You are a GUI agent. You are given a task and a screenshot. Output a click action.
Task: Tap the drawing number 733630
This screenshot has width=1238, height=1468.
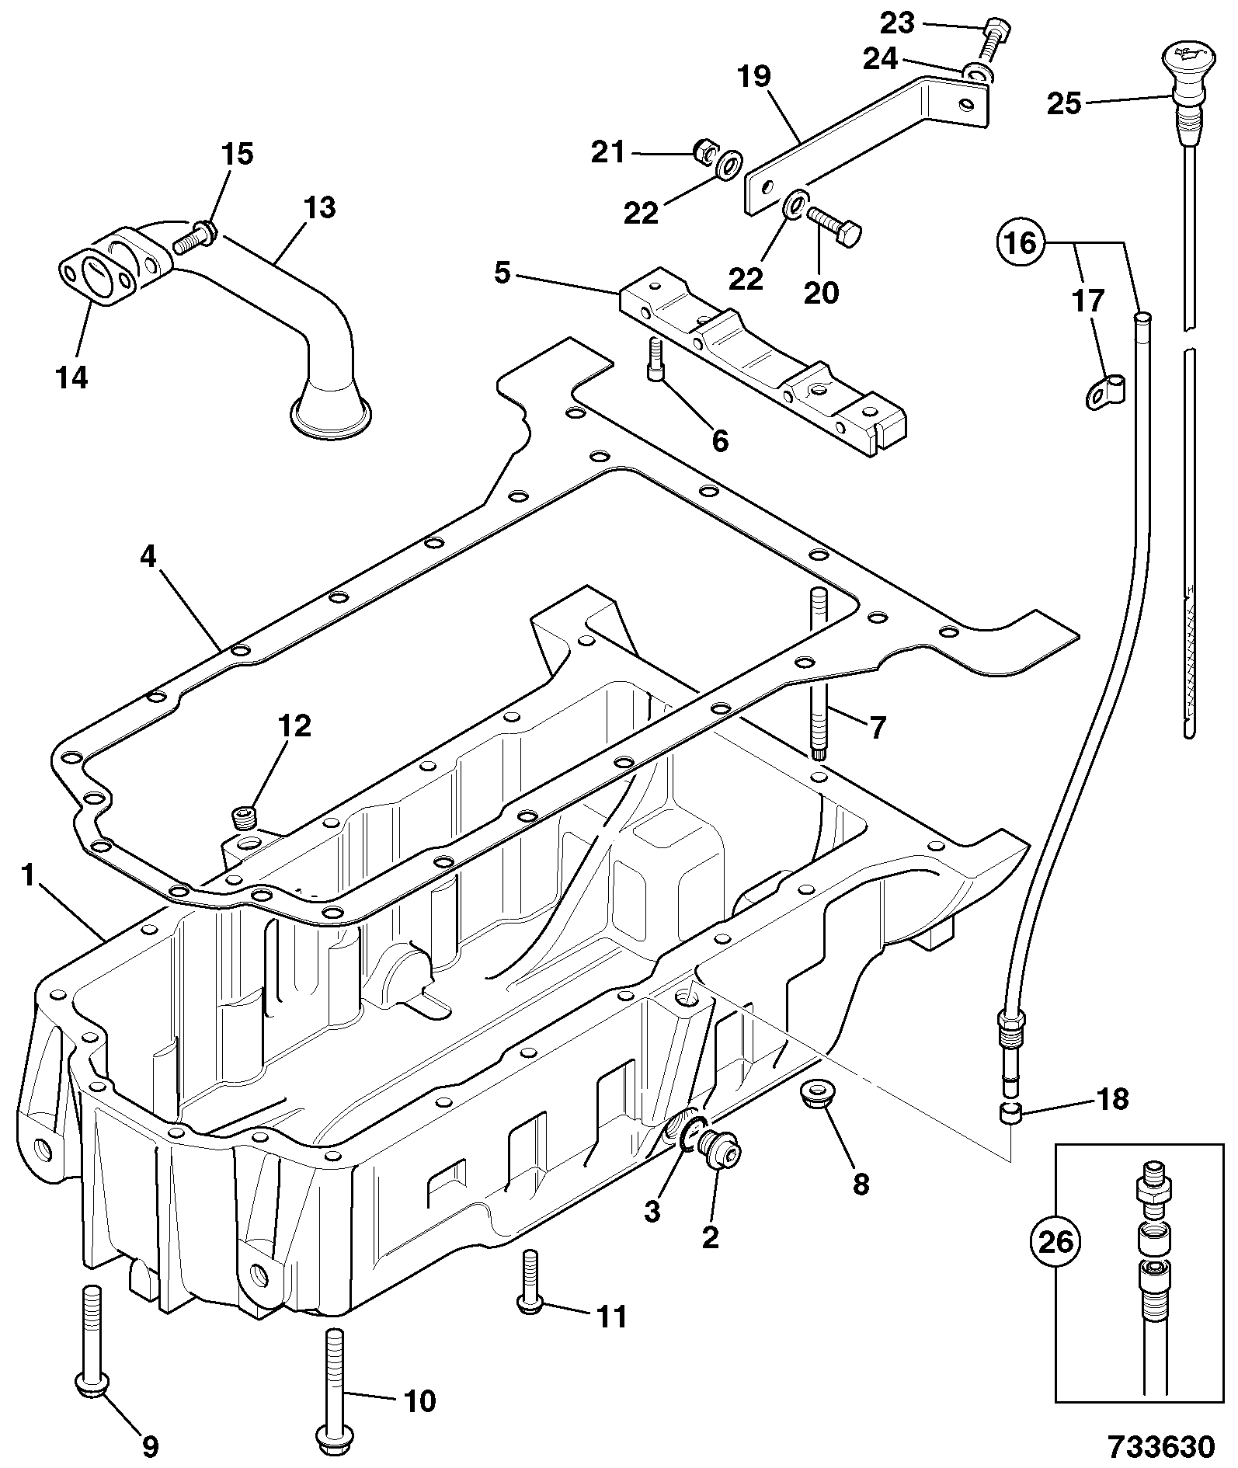point(1161,1445)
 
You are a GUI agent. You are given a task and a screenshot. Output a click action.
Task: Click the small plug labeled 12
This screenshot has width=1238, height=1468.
point(245,819)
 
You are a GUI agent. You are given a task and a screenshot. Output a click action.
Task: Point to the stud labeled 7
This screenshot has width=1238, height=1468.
point(820,674)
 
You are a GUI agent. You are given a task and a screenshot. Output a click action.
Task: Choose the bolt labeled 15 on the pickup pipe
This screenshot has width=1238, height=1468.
point(194,236)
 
